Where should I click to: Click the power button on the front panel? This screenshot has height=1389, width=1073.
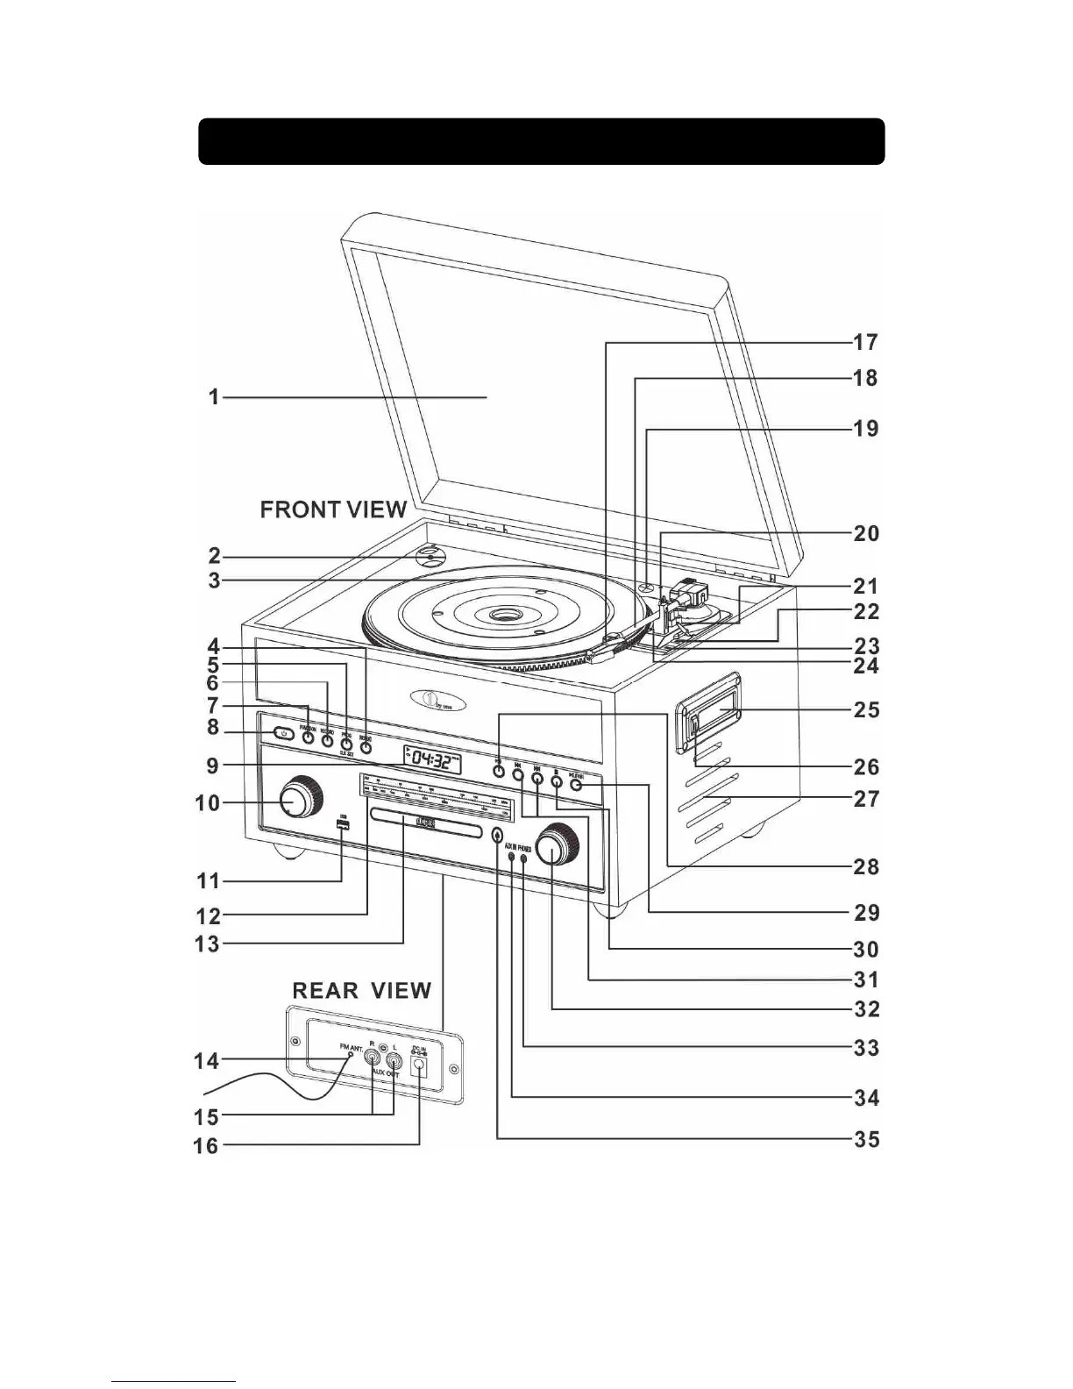click(281, 733)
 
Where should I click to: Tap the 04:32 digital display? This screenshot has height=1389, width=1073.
click(432, 759)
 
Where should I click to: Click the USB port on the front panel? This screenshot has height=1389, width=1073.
click(342, 828)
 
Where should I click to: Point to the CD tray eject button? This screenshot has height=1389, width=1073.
click(498, 836)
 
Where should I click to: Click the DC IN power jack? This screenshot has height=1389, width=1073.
click(419, 1065)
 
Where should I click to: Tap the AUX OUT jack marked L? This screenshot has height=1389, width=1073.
click(394, 1062)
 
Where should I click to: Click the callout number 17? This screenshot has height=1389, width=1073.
click(866, 342)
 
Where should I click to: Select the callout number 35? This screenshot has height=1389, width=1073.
click(866, 1140)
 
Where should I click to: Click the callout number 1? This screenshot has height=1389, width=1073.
click(214, 397)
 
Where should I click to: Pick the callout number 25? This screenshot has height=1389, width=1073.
click(866, 709)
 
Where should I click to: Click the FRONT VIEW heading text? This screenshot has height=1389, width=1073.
click(333, 509)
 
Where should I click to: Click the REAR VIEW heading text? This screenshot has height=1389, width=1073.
click(361, 991)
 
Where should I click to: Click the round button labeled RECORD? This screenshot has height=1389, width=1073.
click(328, 740)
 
